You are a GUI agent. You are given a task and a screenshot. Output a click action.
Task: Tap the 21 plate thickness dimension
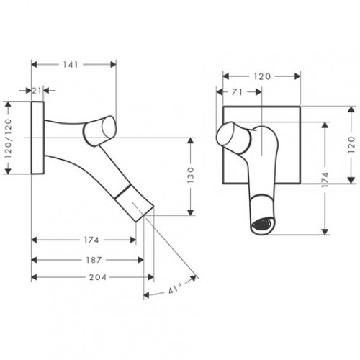coord(38,89)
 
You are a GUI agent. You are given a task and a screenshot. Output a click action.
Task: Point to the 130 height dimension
coord(192,176)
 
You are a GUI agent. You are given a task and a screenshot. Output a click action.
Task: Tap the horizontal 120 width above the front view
coord(261,74)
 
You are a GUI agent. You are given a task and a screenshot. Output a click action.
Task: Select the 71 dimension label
coord(238,92)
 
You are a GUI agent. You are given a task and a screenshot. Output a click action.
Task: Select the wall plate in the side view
coord(37,137)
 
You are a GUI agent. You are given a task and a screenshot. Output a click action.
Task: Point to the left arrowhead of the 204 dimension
coord(34,276)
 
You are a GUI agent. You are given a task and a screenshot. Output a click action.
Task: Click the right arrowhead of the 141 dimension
coord(113,64)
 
